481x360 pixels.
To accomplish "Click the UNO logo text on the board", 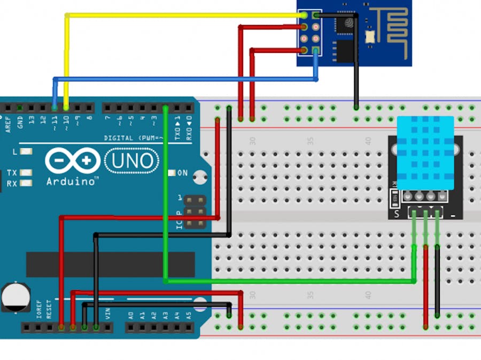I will [133, 160].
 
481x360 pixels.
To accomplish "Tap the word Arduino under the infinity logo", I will [72, 181].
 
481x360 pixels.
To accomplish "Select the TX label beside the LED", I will [12, 173].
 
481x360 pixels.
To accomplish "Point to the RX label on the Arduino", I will [12, 184].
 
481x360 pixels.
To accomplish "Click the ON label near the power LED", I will [182, 173].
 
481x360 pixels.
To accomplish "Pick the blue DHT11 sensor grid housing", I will [425, 153].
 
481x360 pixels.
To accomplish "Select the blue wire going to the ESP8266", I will [187, 79].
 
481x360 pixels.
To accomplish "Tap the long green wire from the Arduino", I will [289, 280].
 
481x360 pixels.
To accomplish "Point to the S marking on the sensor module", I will [397, 214].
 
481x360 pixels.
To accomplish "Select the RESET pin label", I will [49, 309].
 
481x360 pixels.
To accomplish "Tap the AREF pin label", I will [8, 124].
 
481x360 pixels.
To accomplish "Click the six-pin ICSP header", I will [195, 212].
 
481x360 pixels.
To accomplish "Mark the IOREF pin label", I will [39, 310].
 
